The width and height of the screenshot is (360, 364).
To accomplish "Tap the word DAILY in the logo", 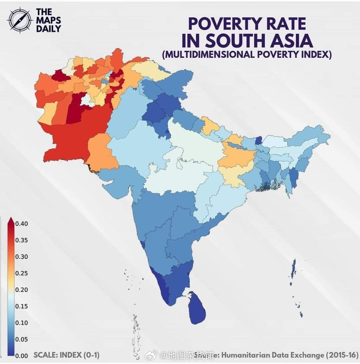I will click(x=49, y=28).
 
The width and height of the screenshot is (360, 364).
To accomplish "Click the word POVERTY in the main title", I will click(x=221, y=24).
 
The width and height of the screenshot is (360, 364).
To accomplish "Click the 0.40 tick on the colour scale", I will click(x=22, y=224).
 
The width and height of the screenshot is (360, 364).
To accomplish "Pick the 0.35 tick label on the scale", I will click(x=22, y=240).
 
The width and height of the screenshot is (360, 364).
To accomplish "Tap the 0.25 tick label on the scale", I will click(x=22, y=273).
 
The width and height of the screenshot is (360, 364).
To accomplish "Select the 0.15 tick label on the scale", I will click(x=22, y=307).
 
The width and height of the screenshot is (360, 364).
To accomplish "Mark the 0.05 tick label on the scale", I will click(x=22, y=339).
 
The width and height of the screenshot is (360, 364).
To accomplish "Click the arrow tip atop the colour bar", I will click(x=10, y=219).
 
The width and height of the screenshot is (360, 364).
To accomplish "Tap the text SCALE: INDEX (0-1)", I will click(x=66, y=355).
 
